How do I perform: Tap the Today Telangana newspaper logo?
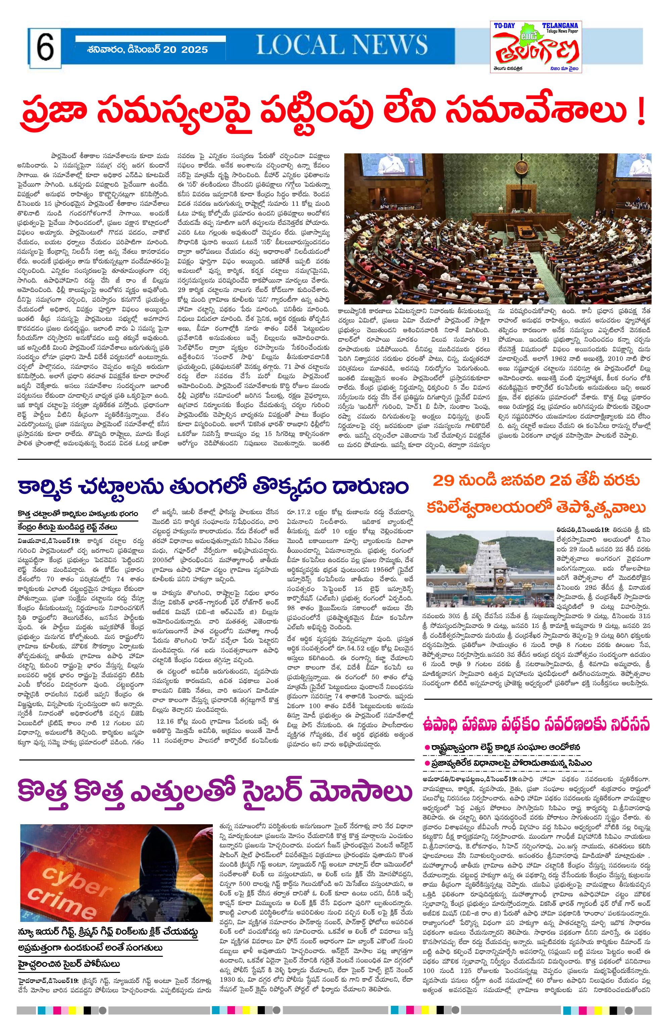point(536,47)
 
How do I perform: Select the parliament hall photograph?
point(497,228)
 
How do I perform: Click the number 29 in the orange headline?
point(445,481)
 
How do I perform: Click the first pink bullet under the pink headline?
point(427,747)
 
